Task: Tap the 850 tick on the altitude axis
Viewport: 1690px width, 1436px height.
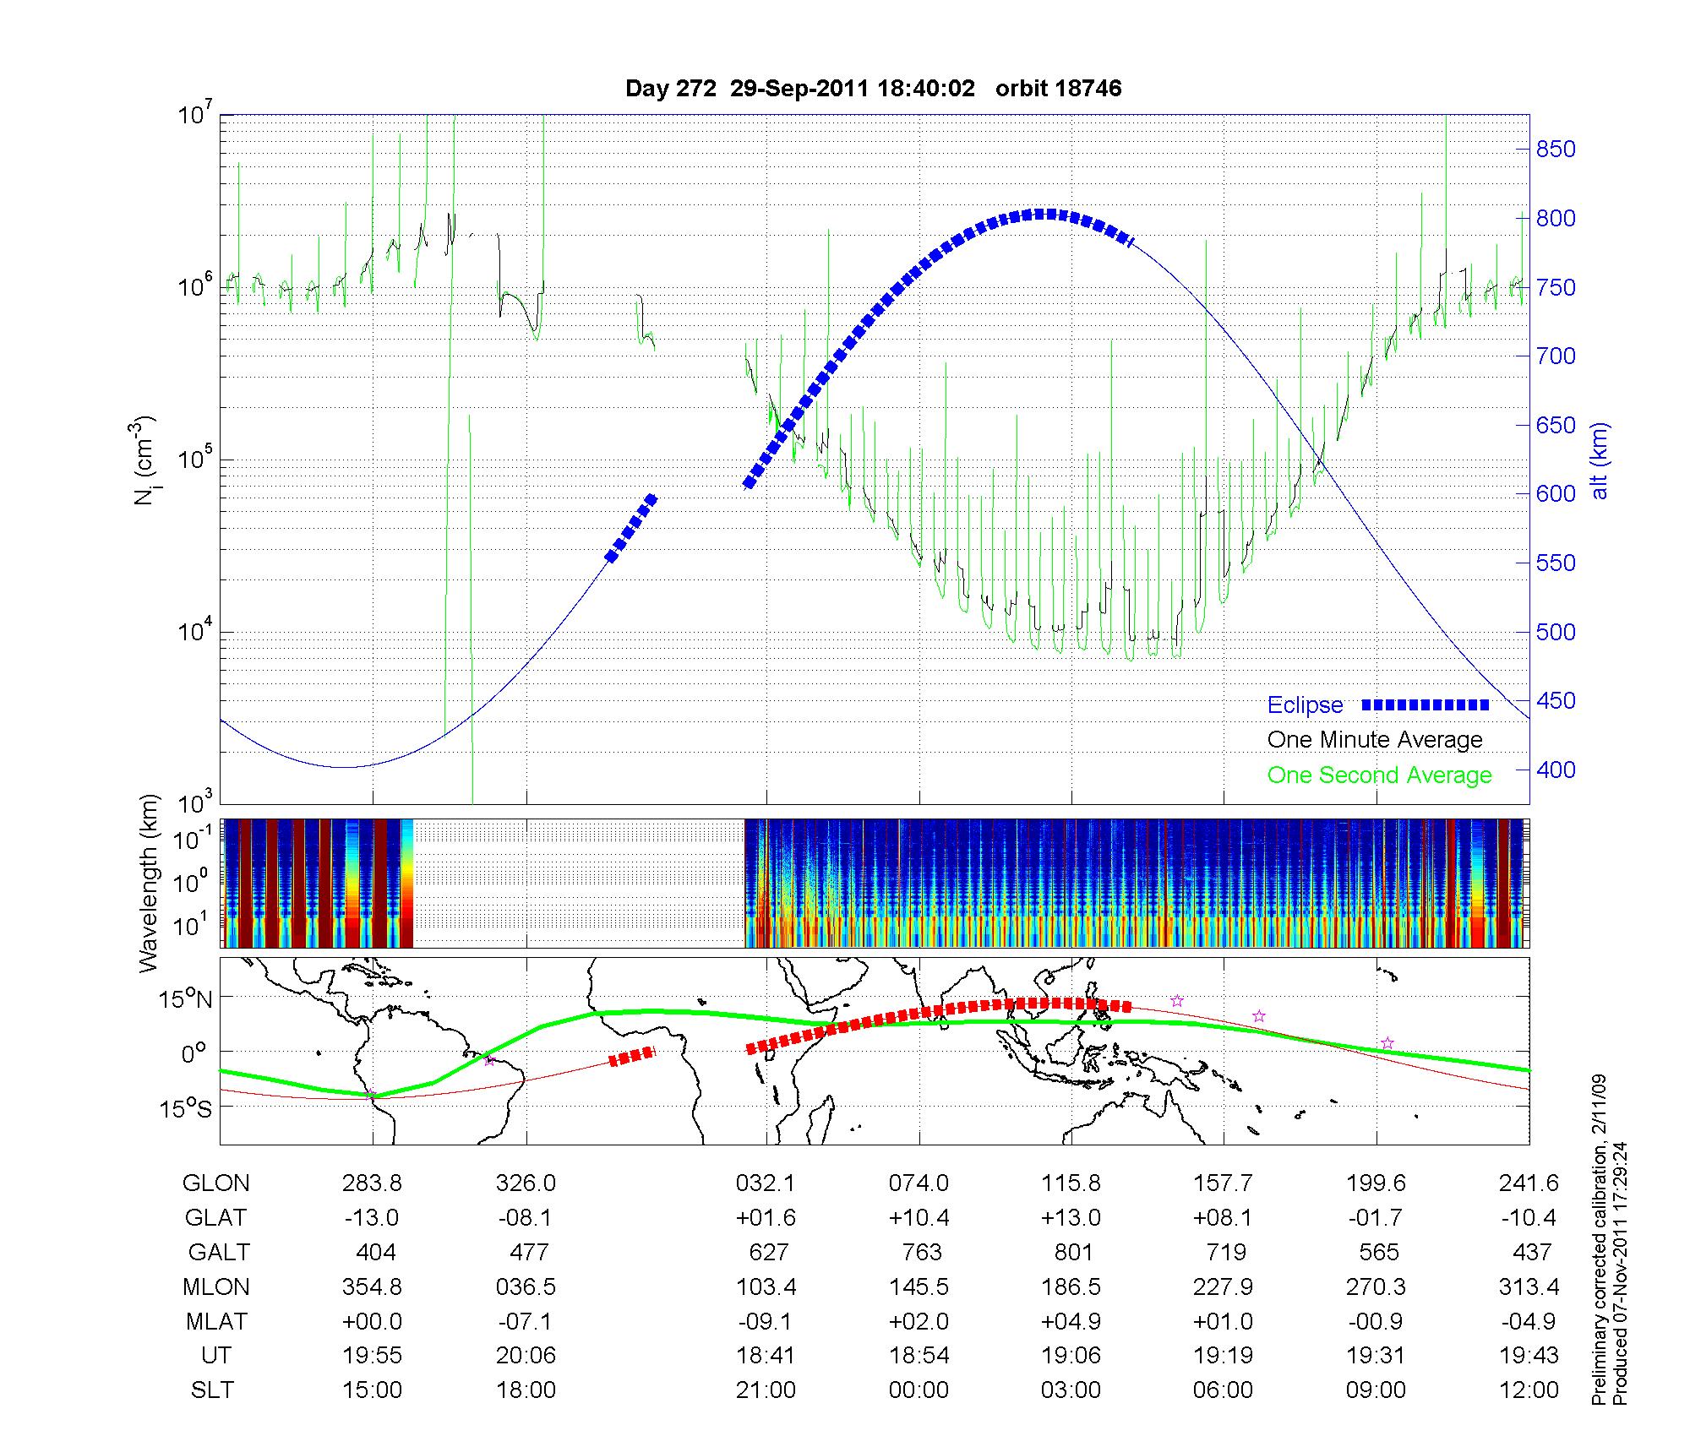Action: [x=1555, y=150]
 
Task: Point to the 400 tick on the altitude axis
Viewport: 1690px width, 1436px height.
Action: [x=1555, y=770]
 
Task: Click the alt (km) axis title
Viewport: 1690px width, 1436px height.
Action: [x=1600, y=460]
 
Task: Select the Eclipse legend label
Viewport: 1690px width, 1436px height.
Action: [x=1305, y=705]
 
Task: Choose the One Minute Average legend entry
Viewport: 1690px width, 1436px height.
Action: [x=1375, y=740]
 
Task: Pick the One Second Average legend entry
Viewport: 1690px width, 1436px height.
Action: [x=1379, y=775]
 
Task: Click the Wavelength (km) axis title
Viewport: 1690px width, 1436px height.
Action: [x=150, y=884]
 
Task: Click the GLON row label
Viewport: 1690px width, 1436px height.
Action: [x=215, y=1183]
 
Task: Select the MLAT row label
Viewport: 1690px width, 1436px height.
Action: [x=216, y=1321]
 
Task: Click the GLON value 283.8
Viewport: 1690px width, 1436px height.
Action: [x=372, y=1183]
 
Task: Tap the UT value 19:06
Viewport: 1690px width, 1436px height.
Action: [x=1071, y=1356]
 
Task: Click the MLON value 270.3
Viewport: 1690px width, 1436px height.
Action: [x=1377, y=1286]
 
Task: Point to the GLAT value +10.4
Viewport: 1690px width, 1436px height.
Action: [x=919, y=1217]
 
